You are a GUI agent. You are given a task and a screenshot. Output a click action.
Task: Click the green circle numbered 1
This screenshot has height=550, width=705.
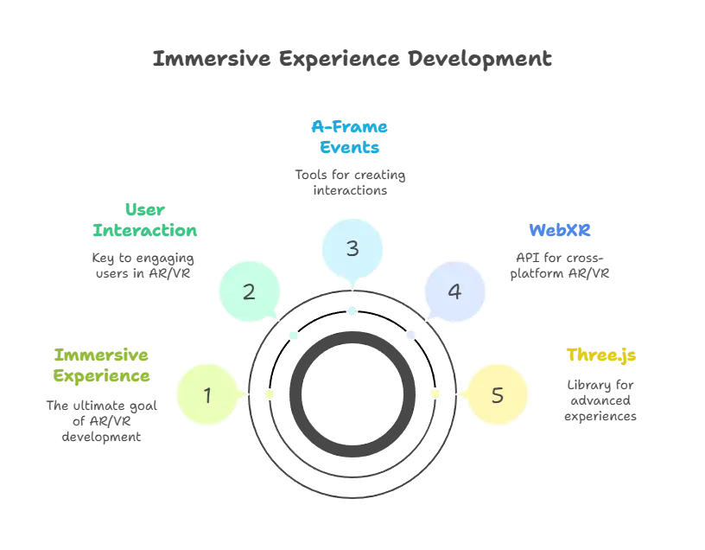pyautogui.click(x=207, y=395)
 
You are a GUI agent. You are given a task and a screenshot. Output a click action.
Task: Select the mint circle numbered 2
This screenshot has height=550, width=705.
pyautogui.click(x=249, y=291)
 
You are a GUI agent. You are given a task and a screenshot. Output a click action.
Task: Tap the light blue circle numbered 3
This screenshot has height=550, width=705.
pyautogui.click(x=352, y=249)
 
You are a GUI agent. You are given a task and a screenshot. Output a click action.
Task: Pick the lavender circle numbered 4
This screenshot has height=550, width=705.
pyautogui.click(x=455, y=291)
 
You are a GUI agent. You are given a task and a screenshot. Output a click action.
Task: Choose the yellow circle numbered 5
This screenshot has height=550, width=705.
pyautogui.click(x=497, y=395)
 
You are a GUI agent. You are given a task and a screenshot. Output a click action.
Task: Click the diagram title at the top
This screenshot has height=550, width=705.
pyautogui.click(x=352, y=61)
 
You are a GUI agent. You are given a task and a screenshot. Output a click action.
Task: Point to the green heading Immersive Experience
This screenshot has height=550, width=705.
pyautogui.click(x=102, y=366)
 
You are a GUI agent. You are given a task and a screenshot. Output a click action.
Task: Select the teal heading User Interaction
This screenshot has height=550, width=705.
pyautogui.click(x=145, y=221)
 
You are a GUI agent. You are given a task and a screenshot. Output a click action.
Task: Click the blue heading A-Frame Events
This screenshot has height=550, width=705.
pyautogui.click(x=351, y=137)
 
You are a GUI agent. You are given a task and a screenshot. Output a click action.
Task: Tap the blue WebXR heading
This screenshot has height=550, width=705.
pyautogui.click(x=560, y=231)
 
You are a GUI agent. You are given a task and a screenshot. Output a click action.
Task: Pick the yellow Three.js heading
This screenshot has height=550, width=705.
pyautogui.click(x=601, y=355)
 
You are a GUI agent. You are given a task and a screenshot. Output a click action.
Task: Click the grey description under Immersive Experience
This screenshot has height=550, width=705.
pyautogui.click(x=100, y=419)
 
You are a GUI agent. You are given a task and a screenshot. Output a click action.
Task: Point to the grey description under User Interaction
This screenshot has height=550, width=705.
pyautogui.click(x=144, y=266)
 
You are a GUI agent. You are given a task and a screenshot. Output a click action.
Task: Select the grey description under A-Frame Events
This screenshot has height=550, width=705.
pyautogui.click(x=349, y=183)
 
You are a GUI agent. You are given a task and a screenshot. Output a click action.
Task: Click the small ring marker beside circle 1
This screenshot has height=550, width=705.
pyautogui.click(x=270, y=394)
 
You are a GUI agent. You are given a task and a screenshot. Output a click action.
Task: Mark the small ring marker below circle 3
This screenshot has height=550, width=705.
pyautogui.click(x=352, y=310)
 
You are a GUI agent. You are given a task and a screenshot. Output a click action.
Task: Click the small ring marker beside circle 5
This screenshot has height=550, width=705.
pyautogui.click(x=435, y=394)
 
